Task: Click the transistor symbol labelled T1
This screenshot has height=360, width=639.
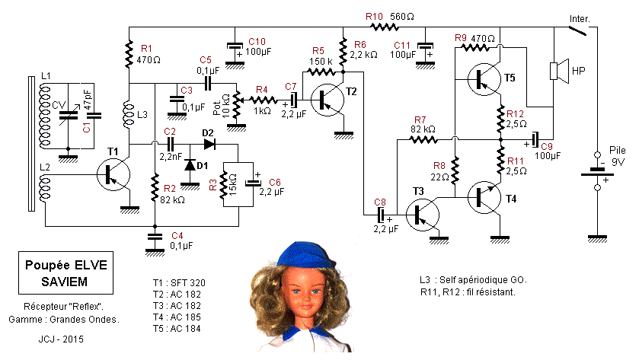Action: tap(112, 175)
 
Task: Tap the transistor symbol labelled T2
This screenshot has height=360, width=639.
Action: tap(328, 98)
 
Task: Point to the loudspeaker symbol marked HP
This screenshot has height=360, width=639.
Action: tap(558, 71)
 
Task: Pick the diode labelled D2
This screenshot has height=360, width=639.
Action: tap(208, 142)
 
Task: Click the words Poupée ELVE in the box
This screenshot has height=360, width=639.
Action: tap(63, 266)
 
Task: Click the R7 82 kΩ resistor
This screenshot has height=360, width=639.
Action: tap(424, 139)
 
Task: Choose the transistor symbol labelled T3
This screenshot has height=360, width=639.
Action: tap(420, 214)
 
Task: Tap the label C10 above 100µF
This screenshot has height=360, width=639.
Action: tap(257, 40)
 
